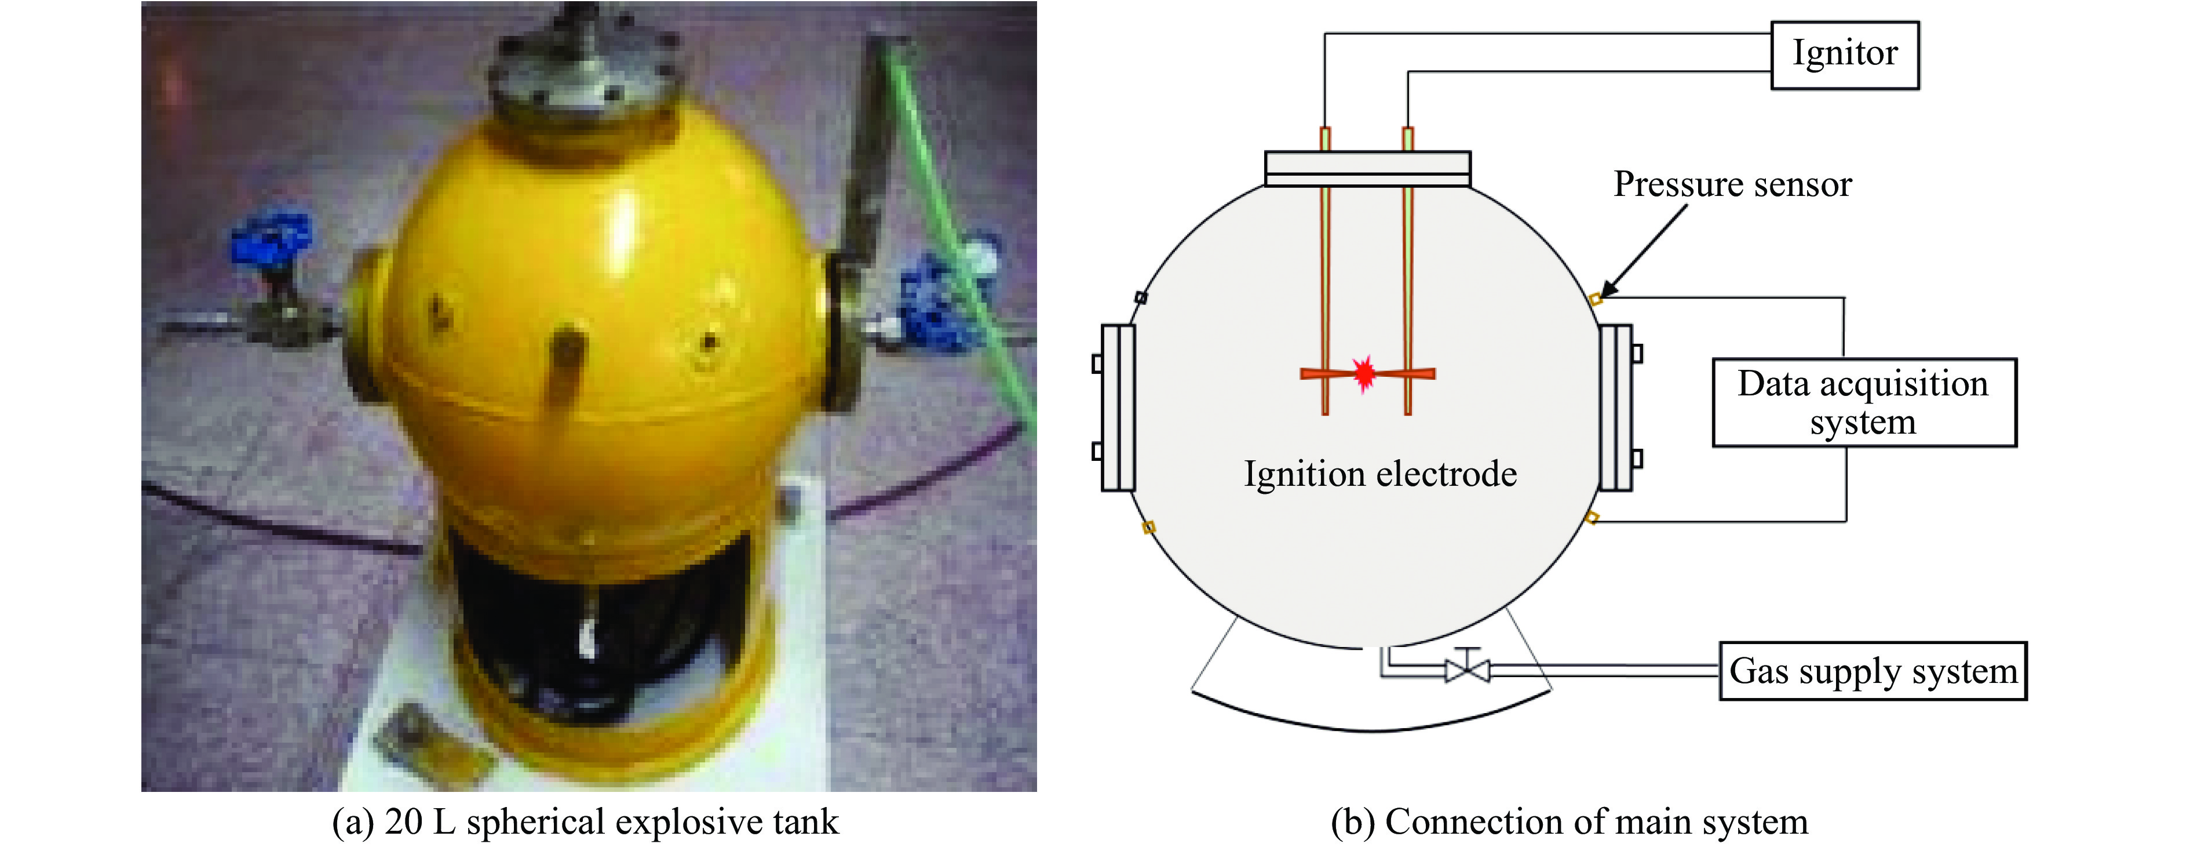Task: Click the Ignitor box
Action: pyautogui.click(x=1844, y=54)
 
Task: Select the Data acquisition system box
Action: pyautogui.click(x=1864, y=402)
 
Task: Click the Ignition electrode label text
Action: pyautogui.click(x=1380, y=474)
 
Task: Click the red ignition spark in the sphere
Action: pyautogui.click(x=1364, y=372)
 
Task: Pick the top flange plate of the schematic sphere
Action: pyautogui.click(x=1367, y=168)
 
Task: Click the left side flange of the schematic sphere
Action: pyautogui.click(x=1117, y=408)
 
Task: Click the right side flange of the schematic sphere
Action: pyautogui.click(x=1615, y=408)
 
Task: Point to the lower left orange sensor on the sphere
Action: pyautogui.click(x=1148, y=527)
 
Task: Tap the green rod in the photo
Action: pyautogui.click(x=961, y=230)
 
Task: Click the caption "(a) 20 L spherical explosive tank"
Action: pyautogui.click(x=585, y=821)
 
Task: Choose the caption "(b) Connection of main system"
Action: pyautogui.click(x=1568, y=821)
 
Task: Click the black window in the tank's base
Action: pyautogui.click(x=595, y=612)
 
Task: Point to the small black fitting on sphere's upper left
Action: pyautogui.click(x=1141, y=297)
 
